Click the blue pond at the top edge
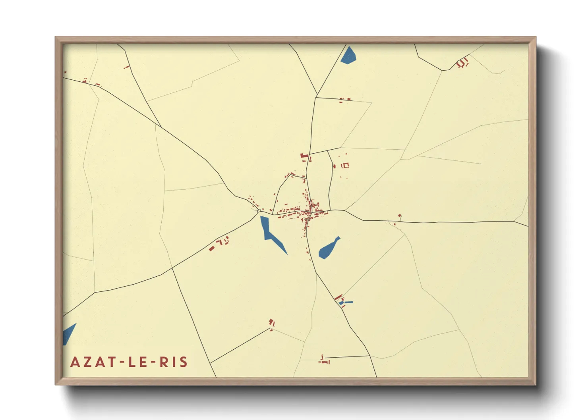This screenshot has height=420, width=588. coord(348,56)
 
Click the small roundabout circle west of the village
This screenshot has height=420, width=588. coord(259,211)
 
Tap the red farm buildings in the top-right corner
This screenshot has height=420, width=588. coord(462,63)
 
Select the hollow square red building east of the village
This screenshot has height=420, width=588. coord(345,165)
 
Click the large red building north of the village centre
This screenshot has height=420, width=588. coord(305,156)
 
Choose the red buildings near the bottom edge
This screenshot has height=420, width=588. coord(324,360)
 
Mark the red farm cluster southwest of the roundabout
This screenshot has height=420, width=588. coord(220,243)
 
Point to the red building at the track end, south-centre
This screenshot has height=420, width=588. coord(272,323)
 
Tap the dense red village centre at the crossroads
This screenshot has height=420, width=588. coord(308,212)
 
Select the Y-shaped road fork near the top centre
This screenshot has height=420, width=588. coord(317,95)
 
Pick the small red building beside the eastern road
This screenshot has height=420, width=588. coord(400,216)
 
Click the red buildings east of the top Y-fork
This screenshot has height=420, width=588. coord(345,100)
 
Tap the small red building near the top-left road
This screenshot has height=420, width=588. coord(127,67)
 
